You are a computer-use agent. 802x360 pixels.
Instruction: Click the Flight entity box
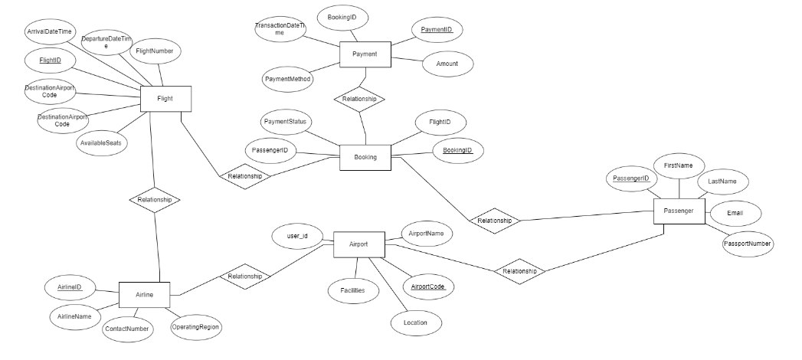tap(165, 99)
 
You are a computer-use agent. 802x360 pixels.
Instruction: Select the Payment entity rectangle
tap(365, 54)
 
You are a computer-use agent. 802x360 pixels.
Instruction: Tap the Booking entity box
tap(365, 157)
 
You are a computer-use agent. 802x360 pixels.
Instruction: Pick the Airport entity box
tap(358, 244)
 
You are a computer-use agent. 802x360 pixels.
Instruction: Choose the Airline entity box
tap(144, 293)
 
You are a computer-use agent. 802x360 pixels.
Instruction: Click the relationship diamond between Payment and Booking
tap(358, 100)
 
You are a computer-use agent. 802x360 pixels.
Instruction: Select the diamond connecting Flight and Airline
tap(154, 199)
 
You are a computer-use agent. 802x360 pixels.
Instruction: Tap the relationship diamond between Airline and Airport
tap(246, 276)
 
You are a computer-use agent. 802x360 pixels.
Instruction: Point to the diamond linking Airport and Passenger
tap(519, 271)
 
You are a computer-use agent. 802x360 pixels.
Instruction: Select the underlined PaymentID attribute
tap(437, 30)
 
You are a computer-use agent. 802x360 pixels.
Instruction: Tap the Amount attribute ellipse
tap(447, 64)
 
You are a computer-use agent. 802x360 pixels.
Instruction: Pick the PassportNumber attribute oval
tap(748, 244)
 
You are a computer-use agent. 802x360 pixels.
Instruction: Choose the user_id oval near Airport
tap(291, 237)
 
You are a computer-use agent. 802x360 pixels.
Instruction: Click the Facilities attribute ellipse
tap(352, 290)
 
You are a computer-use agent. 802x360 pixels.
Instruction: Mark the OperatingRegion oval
tap(196, 326)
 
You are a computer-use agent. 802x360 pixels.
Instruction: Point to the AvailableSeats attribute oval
tap(102, 143)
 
